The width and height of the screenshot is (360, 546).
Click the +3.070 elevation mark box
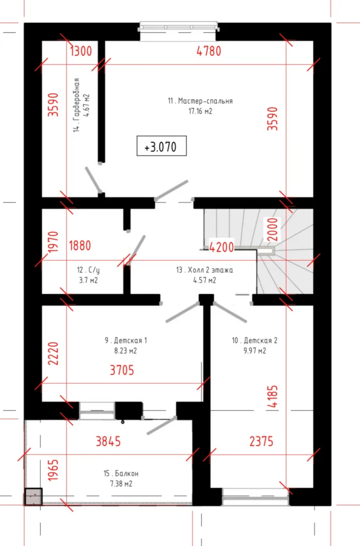click(162, 146)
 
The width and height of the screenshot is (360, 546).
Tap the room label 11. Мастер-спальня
click(200, 101)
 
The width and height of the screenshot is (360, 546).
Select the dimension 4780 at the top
click(209, 51)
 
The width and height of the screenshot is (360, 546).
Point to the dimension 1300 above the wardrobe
click(81, 51)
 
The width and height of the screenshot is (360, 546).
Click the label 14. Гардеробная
click(76, 105)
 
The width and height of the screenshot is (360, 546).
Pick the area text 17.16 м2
click(200, 111)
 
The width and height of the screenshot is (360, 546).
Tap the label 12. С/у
click(88, 270)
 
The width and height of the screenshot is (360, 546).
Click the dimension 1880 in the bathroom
click(80, 246)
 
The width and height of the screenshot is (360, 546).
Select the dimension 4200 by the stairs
click(221, 247)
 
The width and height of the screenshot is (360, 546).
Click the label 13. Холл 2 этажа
click(205, 270)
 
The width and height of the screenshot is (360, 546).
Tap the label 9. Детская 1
click(126, 340)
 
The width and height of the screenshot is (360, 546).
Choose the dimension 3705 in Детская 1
click(122, 370)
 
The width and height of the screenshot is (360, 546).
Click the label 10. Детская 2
click(255, 340)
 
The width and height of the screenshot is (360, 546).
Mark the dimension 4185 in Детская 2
click(274, 396)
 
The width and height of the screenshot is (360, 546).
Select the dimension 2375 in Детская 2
click(261, 441)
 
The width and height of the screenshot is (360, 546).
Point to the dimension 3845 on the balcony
click(108, 441)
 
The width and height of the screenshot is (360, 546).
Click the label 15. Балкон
click(121, 474)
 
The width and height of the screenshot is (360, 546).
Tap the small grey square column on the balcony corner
click(33, 496)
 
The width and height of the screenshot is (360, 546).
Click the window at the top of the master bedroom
click(179, 27)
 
